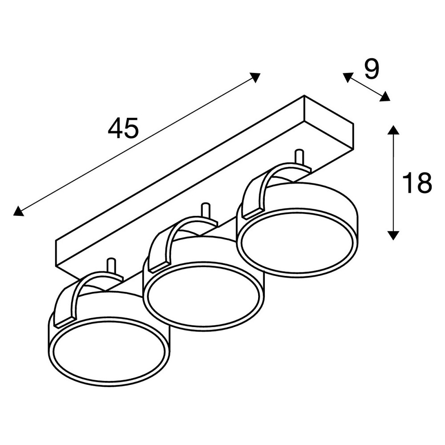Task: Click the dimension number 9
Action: click(x=372, y=69)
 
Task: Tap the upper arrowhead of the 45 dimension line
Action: click(x=255, y=77)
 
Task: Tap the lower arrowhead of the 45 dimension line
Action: click(x=18, y=211)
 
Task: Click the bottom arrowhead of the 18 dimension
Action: click(x=393, y=235)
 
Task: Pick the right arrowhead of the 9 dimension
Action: click(x=385, y=97)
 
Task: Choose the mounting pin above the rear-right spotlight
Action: click(x=299, y=157)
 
